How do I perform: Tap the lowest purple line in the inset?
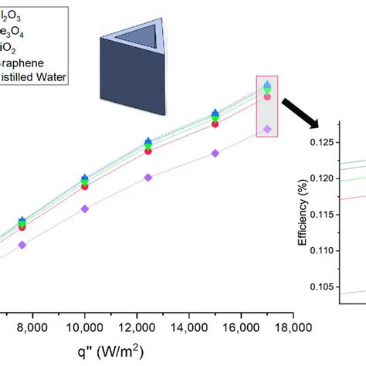click(351, 292)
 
